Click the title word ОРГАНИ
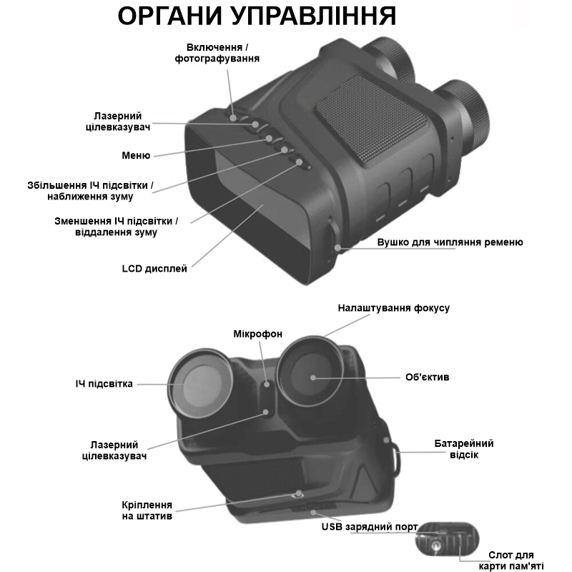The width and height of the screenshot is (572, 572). [x=170, y=16]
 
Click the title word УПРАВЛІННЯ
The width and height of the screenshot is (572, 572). [x=314, y=16]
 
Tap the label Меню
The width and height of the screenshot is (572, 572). [x=136, y=156]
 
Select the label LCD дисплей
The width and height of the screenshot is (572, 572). [x=154, y=269]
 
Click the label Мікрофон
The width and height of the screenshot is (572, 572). [x=258, y=334]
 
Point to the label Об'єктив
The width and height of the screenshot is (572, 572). [x=427, y=378]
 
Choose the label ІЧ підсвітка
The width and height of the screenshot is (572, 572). [x=104, y=384]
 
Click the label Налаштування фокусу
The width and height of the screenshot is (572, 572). [x=394, y=308]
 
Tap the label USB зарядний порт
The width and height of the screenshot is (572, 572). [x=370, y=527]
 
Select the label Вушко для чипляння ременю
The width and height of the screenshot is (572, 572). [x=450, y=242]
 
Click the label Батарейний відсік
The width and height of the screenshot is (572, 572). [x=463, y=450]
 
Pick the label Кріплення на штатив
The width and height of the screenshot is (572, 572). [x=147, y=511]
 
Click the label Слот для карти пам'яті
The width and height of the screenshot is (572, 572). [x=511, y=561]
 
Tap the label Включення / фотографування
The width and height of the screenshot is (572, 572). [x=217, y=53]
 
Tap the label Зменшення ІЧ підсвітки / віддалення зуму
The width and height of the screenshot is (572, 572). [x=117, y=227]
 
